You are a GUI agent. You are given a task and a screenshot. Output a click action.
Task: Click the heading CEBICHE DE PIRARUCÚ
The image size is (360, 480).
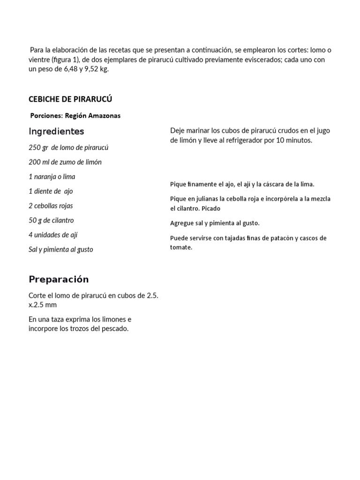pos(70,99)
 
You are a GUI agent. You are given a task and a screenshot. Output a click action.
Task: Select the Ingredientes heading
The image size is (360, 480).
pos(56,131)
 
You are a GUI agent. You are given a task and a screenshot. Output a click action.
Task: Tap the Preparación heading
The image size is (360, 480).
pos(59,279)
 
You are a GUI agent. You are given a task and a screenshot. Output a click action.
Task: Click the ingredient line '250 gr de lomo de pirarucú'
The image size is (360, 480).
pos(68,148)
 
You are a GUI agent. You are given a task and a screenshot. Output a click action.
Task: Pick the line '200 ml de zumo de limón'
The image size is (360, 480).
pos(65,162)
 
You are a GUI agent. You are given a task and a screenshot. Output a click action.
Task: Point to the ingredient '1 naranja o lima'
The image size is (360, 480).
pos(52,177)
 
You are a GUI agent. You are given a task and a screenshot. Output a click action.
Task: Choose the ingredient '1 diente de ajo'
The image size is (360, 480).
pos(51,191)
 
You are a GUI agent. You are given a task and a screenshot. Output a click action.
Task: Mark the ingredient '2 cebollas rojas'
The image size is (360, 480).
pos(51,206)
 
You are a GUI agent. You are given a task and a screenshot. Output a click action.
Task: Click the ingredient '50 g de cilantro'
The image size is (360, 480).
pos(51,220)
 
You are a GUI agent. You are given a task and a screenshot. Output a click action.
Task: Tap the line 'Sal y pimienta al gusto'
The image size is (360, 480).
pos(61,249)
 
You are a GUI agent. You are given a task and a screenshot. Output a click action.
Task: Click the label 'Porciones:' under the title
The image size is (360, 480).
pos(45,116)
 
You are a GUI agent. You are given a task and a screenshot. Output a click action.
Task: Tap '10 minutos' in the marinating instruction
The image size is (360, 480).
pos(295,140)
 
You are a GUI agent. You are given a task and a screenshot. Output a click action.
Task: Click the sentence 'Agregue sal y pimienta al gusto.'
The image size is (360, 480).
pos(215,223)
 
